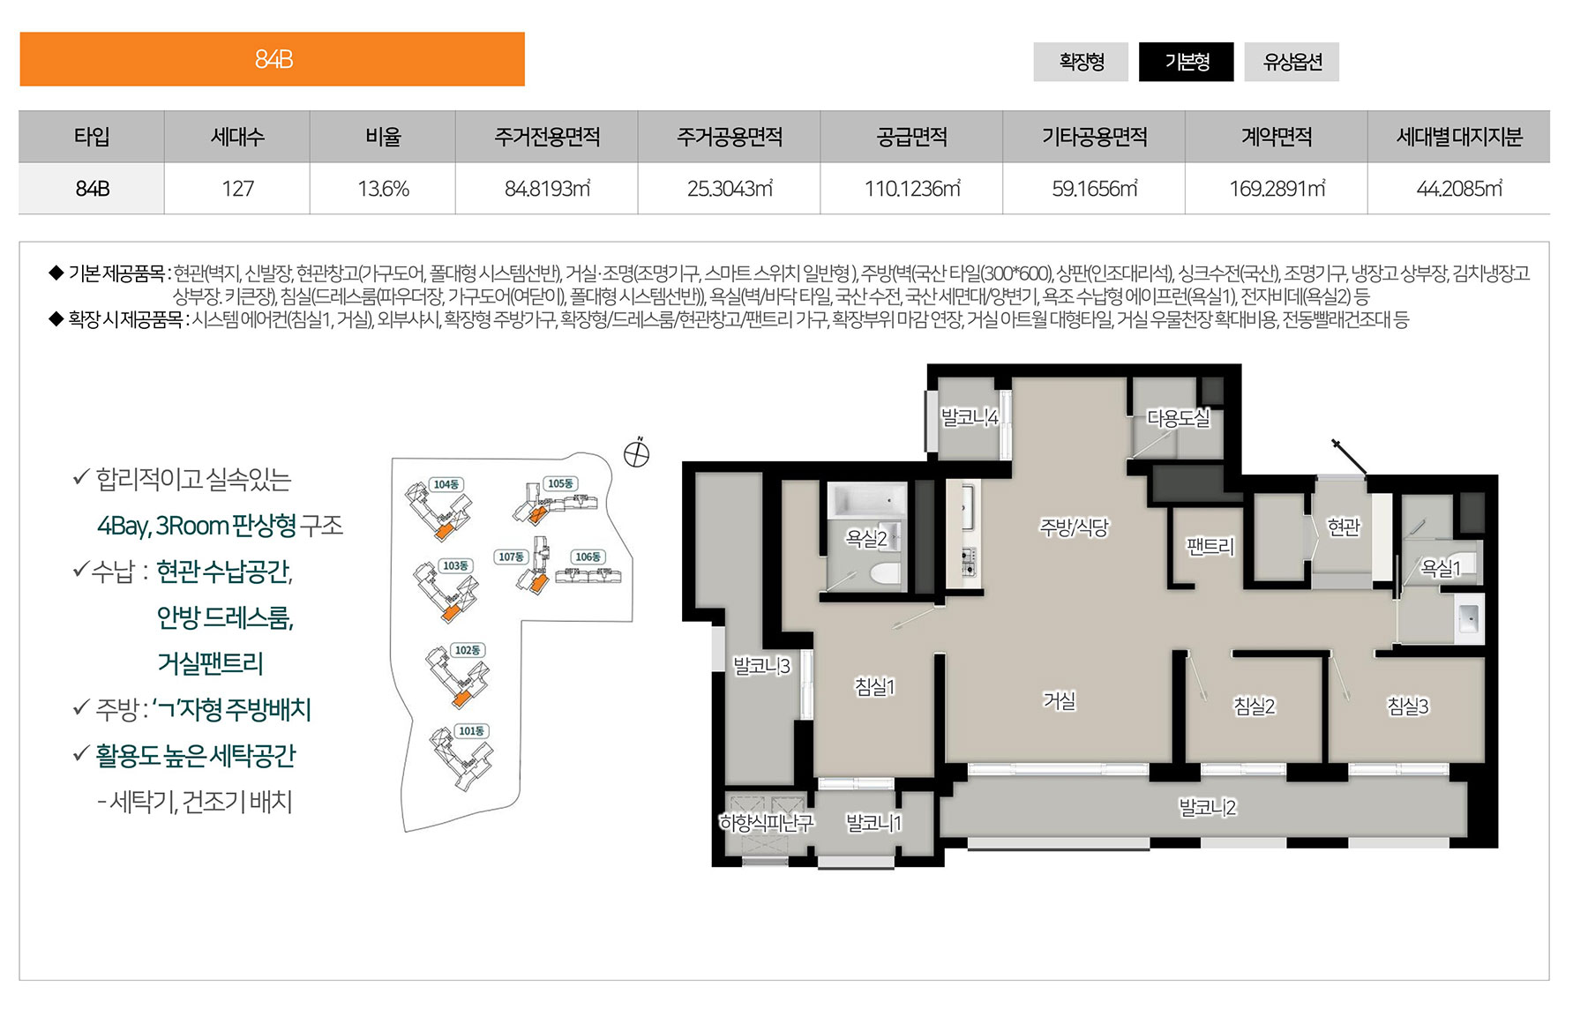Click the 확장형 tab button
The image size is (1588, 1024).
(1081, 62)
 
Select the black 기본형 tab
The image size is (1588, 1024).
(1187, 62)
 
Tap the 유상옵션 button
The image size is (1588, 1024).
(1292, 62)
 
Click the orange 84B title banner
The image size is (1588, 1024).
(273, 59)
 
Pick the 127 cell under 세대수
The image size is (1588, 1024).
(237, 189)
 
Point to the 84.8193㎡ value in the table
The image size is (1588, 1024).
(547, 189)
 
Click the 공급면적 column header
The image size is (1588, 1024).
(911, 137)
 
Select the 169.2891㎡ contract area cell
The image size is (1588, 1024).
(1277, 189)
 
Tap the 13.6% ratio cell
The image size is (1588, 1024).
(383, 189)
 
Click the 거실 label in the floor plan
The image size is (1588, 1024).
(1060, 700)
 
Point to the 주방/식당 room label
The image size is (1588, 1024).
(1074, 527)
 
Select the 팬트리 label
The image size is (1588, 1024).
(1210, 547)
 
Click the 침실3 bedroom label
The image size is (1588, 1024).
(1407, 706)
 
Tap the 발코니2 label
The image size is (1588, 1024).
(1207, 807)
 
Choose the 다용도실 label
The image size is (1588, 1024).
(1178, 418)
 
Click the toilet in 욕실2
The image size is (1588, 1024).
(885, 574)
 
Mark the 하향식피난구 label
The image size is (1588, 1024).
(766, 823)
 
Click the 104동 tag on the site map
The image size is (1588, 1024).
(446, 484)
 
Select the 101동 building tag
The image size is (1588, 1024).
(471, 731)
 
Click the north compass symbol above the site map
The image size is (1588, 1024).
(637, 453)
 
